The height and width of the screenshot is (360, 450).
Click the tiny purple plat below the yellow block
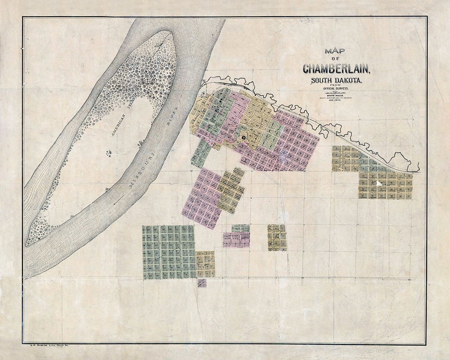point(202,283)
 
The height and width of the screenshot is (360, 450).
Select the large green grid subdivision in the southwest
point(168,252)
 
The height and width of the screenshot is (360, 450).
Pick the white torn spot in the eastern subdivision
point(379,182)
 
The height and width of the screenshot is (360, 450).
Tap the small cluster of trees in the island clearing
point(110,153)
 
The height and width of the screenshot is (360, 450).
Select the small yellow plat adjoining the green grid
point(205,264)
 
